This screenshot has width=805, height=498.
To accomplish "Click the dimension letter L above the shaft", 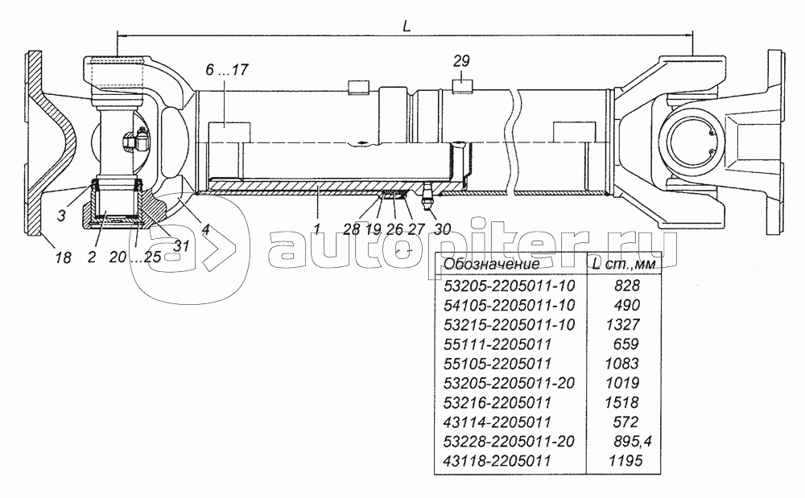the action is [x=407, y=27].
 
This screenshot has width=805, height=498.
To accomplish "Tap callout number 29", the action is [x=461, y=61].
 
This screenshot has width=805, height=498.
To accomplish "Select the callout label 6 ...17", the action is [x=227, y=69].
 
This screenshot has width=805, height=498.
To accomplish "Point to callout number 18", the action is [x=63, y=257].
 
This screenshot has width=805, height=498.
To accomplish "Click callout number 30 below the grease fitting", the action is [x=442, y=228].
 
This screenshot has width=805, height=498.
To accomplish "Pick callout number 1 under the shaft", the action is [x=317, y=229].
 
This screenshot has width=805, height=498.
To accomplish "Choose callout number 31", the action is [x=181, y=245].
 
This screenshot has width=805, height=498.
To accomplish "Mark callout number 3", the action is [x=62, y=216].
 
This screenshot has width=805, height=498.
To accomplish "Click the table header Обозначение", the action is [x=491, y=264].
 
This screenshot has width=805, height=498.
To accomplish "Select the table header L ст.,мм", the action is [x=625, y=264].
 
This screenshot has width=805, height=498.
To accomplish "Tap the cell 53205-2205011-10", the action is [x=509, y=286].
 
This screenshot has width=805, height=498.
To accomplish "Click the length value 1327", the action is [x=623, y=325].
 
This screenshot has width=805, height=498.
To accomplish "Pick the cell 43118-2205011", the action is [x=497, y=460].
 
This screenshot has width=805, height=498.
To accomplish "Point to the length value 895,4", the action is [x=633, y=441].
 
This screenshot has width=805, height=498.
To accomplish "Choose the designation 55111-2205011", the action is [x=497, y=344].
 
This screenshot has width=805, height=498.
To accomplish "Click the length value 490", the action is [x=627, y=305].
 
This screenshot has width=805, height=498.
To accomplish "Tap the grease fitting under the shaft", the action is [x=427, y=196].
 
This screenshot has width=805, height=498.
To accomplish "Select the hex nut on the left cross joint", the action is [x=135, y=139].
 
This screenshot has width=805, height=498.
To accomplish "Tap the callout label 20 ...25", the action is [x=135, y=257].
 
